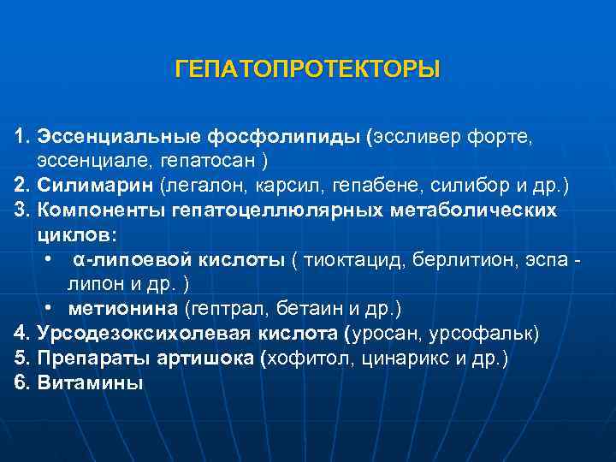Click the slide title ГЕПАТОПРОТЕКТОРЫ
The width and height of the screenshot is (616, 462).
[x=307, y=68]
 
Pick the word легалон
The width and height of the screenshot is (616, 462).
[x=198, y=185]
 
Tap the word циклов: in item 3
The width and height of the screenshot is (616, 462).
[x=76, y=234]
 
